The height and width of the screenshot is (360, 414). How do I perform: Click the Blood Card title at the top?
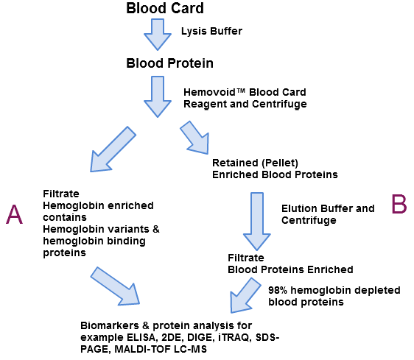164,9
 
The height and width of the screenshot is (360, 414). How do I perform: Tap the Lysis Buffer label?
212,31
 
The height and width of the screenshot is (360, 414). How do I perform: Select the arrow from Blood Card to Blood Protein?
157,34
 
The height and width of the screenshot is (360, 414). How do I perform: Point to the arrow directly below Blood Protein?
158,94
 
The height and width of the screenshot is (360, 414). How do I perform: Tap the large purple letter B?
399,204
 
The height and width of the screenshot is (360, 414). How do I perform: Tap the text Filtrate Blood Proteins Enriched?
290,264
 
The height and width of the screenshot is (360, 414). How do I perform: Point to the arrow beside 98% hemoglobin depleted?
246,295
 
